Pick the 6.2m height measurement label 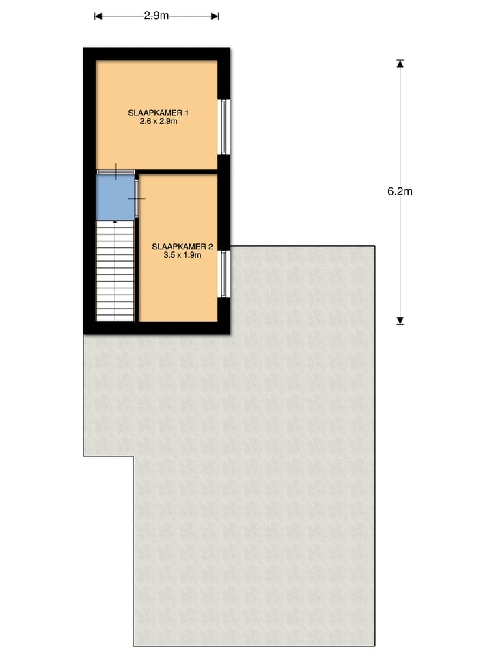(x=400, y=191)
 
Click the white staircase (x=114, y=270)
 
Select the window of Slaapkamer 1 (x=223, y=127)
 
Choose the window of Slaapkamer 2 (x=223, y=273)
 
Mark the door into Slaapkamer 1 (x=115, y=171)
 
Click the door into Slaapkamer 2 (x=137, y=198)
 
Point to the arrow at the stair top (x=114, y=222)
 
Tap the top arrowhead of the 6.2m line (x=400, y=64)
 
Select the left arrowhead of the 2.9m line (x=98, y=16)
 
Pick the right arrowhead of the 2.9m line (x=215, y=16)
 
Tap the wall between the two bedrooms (x=178, y=172)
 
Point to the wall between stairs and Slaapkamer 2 (x=136, y=273)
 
